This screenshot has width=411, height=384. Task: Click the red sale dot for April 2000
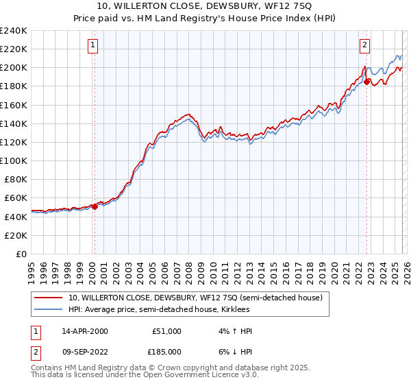point(95,206)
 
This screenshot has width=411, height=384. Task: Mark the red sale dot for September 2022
point(367,82)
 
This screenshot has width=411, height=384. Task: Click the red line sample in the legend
point(48,298)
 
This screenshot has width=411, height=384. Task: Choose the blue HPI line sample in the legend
point(48,309)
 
